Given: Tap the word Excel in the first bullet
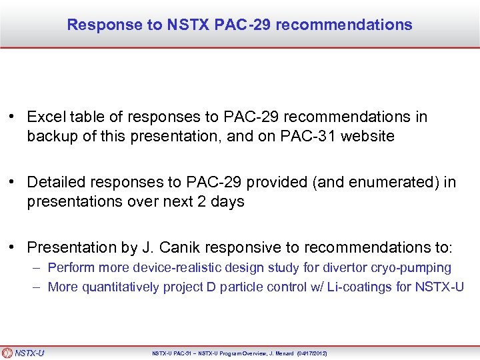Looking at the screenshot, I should click(x=45, y=117).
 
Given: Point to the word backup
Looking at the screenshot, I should click(x=52, y=137).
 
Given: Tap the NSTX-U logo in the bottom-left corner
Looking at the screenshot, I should click(x=23, y=353).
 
